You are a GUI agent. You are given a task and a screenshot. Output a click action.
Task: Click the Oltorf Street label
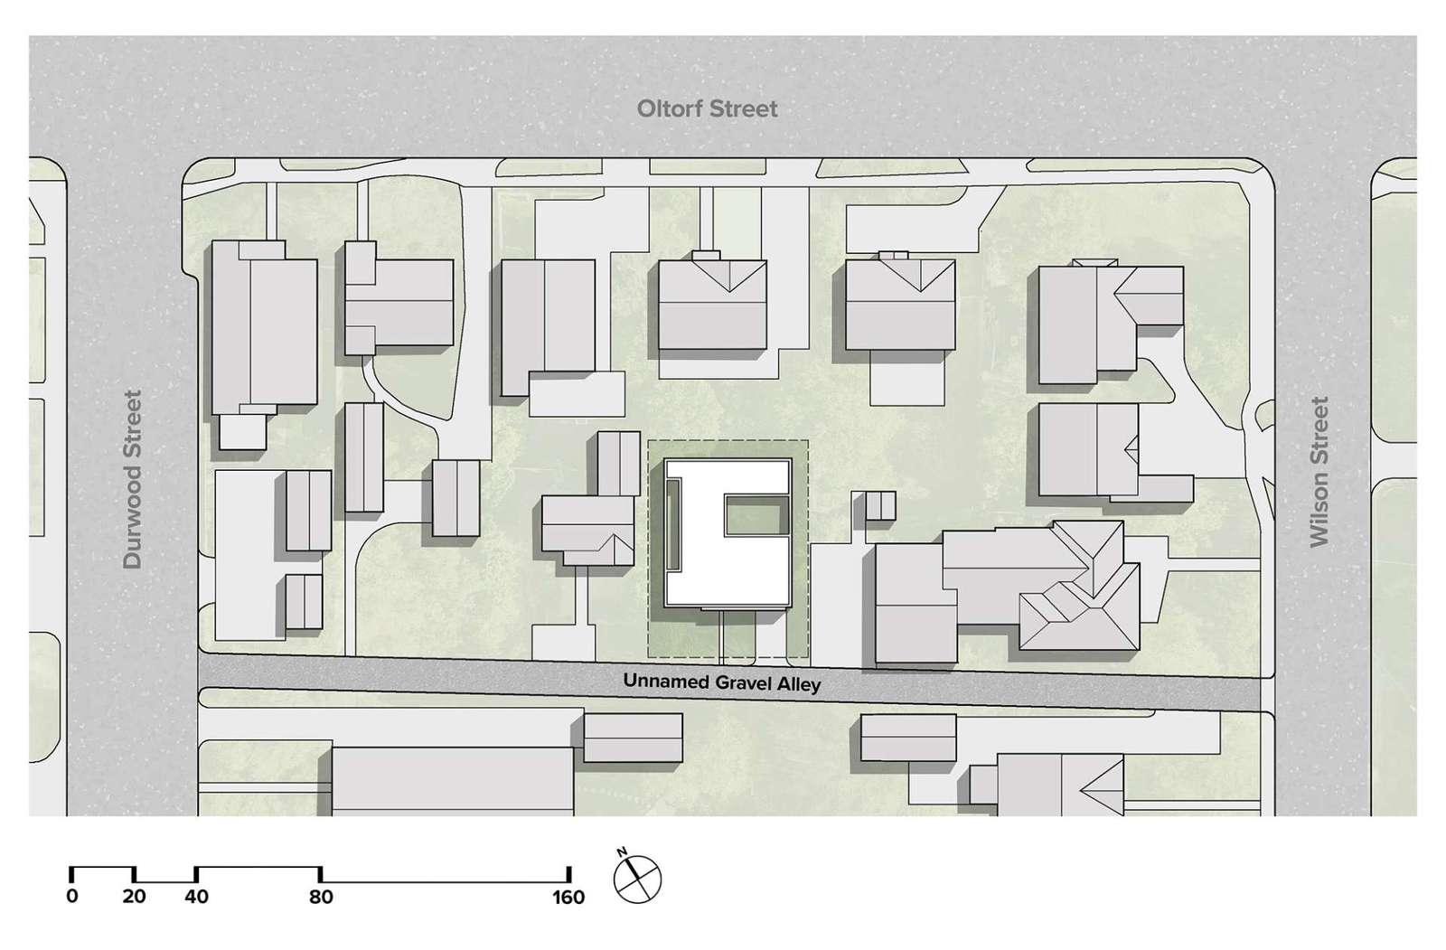(707, 109)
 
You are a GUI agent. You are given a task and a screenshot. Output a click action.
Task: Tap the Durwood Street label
(133, 479)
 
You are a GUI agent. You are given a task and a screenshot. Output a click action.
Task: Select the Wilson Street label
(1319, 472)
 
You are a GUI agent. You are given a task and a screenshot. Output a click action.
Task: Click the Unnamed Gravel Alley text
(721, 682)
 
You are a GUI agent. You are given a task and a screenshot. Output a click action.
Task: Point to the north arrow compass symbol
(638, 879)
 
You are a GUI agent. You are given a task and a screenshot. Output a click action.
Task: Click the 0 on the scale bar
(72, 897)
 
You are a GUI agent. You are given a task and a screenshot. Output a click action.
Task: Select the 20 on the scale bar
(134, 897)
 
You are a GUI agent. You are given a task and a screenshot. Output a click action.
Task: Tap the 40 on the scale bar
(196, 897)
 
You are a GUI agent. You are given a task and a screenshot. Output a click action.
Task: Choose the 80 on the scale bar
(321, 897)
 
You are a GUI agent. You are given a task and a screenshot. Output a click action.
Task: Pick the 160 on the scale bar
(568, 897)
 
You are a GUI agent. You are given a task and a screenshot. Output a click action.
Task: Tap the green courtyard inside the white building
(754, 516)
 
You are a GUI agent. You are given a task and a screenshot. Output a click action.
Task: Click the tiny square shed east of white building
(880, 506)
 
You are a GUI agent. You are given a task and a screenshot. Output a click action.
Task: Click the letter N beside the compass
(623, 852)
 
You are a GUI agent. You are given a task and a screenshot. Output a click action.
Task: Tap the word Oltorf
(670, 109)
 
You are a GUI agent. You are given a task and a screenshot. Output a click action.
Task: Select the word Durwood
(133, 515)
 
